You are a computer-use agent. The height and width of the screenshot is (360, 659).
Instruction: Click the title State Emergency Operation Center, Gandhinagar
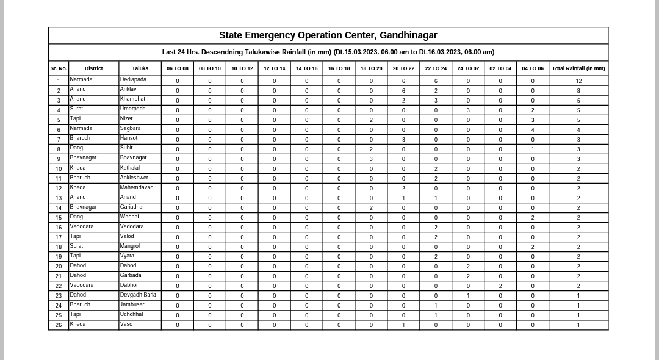[x=328, y=35]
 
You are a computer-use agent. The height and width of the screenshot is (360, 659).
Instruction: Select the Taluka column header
[x=140, y=68]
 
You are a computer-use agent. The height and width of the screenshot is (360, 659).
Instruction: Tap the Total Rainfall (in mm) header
[x=578, y=68]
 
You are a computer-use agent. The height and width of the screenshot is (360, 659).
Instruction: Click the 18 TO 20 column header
[x=371, y=68]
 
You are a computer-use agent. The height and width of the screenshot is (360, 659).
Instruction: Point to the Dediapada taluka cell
[x=133, y=80]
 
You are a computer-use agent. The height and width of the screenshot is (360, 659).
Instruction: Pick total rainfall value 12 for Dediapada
[x=578, y=81]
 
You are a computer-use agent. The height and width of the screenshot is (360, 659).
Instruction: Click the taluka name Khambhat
[x=132, y=99]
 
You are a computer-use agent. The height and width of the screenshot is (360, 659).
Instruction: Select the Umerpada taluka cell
[x=132, y=109]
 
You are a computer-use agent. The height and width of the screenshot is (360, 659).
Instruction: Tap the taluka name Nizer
[x=126, y=119]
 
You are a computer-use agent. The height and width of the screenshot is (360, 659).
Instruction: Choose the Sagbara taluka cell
[x=130, y=129]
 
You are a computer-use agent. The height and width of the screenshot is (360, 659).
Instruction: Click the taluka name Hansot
[x=129, y=139]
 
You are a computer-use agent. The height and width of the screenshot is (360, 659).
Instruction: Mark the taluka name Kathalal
[x=130, y=168]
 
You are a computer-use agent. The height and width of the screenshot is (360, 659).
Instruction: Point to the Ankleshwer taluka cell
[x=134, y=178]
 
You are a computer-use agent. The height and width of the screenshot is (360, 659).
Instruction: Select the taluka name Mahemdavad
[x=137, y=187]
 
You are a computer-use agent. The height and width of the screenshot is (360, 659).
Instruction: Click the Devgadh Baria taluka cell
[x=138, y=295]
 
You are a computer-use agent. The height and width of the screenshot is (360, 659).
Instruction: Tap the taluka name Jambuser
[x=132, y=304]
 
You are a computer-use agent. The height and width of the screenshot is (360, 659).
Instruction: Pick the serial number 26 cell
[x=59, y=325]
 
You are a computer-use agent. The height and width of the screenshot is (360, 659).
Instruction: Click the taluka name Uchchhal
[x=131, y=314]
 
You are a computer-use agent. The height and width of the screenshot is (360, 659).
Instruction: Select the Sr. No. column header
[x=59, y=68]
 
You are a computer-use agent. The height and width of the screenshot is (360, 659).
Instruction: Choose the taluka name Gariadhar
[x=132, y=207]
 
